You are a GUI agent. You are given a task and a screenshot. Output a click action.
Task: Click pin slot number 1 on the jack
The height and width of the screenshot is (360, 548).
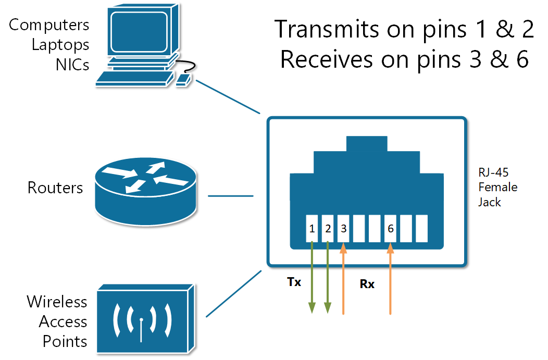312,228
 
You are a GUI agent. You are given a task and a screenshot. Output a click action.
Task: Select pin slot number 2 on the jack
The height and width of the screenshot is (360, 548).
328,228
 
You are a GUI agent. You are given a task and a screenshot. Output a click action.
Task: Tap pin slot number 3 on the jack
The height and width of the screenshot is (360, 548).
343,228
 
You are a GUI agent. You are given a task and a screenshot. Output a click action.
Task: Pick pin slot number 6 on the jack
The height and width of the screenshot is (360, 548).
390,228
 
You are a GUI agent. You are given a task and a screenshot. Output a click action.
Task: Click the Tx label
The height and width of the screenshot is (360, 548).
294,282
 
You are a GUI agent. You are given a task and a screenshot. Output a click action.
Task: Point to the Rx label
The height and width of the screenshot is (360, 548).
367,284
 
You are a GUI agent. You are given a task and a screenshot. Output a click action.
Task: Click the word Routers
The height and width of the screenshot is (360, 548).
55,188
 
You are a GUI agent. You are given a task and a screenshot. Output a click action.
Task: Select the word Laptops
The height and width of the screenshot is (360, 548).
60,44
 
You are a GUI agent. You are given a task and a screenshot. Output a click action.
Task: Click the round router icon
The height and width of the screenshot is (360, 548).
146,190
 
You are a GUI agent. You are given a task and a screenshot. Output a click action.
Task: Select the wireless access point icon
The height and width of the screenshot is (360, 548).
142,318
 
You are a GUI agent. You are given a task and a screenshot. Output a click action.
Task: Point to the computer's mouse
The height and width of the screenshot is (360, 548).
183,80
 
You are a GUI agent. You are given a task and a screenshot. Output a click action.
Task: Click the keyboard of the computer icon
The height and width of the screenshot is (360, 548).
134,79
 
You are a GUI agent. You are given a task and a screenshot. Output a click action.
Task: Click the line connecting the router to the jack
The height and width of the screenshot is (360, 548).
230,196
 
